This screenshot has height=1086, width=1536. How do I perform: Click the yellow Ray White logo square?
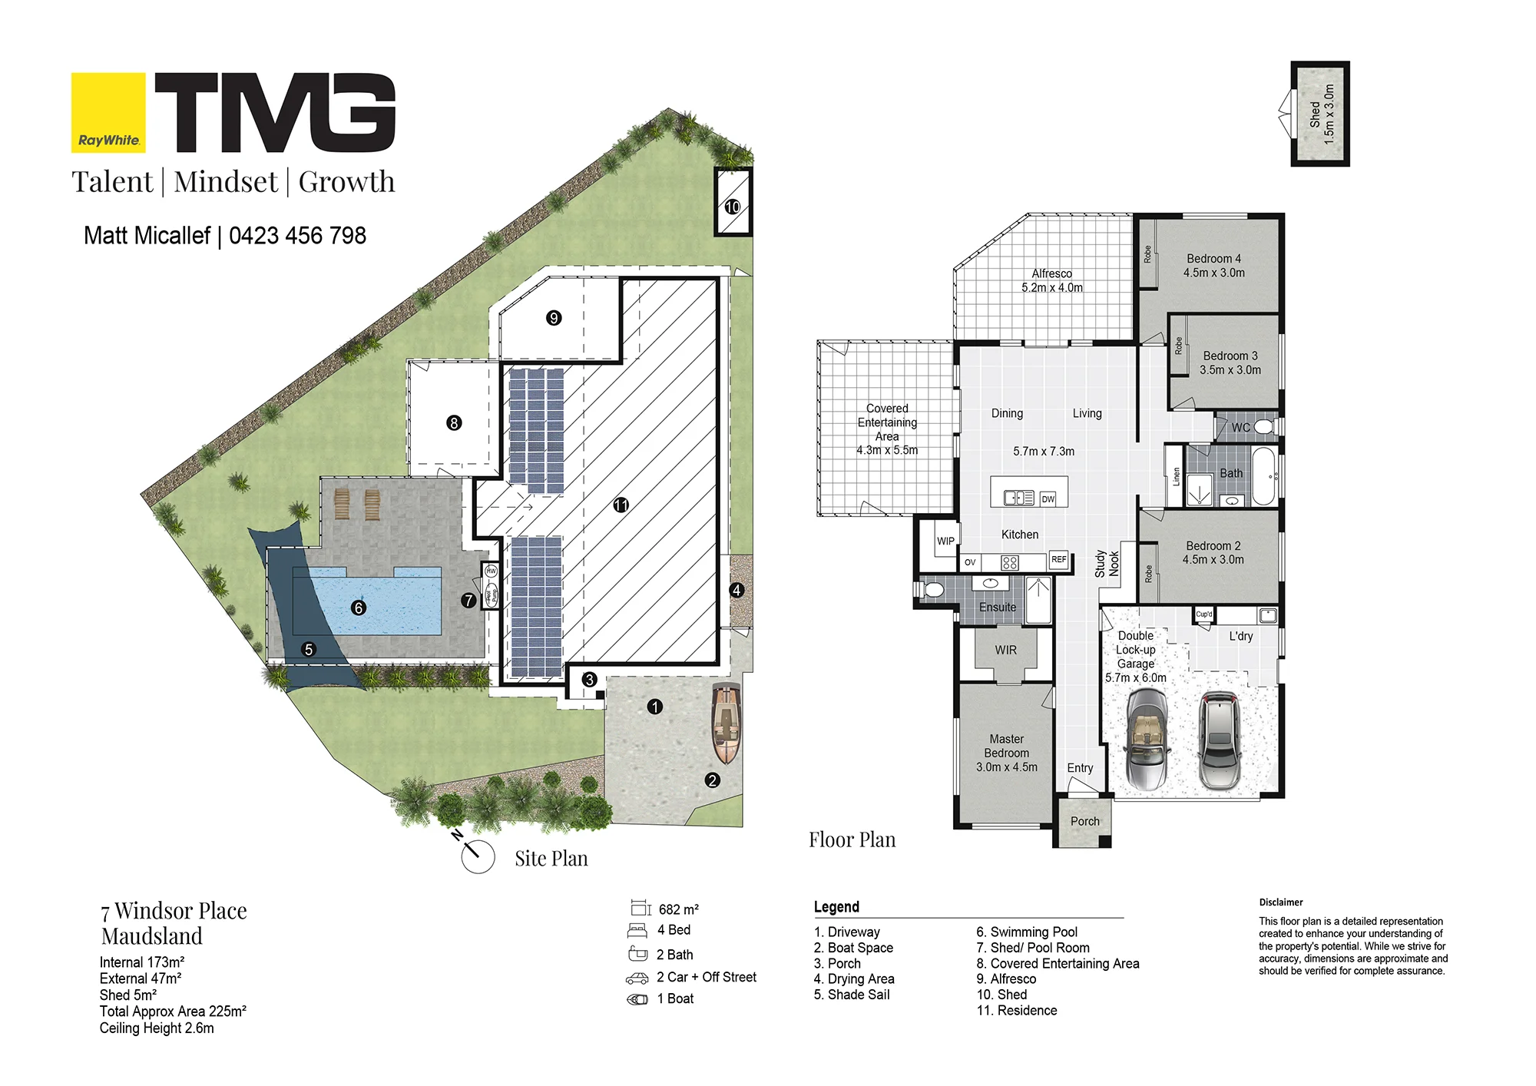pos(108,112)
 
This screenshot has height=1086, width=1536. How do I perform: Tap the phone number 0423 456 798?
pos(297,236)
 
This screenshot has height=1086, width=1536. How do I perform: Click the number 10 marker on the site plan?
pos(733,207)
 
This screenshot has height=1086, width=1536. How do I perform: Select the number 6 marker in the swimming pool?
pos(358,608)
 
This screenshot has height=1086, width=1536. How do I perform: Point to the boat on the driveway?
pos(725,723)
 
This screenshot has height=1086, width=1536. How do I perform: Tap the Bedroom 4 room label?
pos(1214,266)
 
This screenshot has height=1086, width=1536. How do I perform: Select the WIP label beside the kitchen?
pos(945,541)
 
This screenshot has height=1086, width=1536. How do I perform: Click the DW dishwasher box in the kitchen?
pos(1048,499)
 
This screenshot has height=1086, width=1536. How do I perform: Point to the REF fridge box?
pos(1059,560)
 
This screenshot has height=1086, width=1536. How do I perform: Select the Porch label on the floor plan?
pos(1085,821)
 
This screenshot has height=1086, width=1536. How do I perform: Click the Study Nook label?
pos(1107,564)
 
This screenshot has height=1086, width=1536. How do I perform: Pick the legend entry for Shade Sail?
pos(852,995)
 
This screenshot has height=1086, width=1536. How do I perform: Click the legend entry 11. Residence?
pos(1017,1011)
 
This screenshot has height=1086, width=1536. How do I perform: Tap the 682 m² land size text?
pos(679,909)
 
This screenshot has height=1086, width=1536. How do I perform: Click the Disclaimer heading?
pos(1281,902)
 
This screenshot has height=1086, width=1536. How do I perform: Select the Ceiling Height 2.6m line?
pos(157,1028)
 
